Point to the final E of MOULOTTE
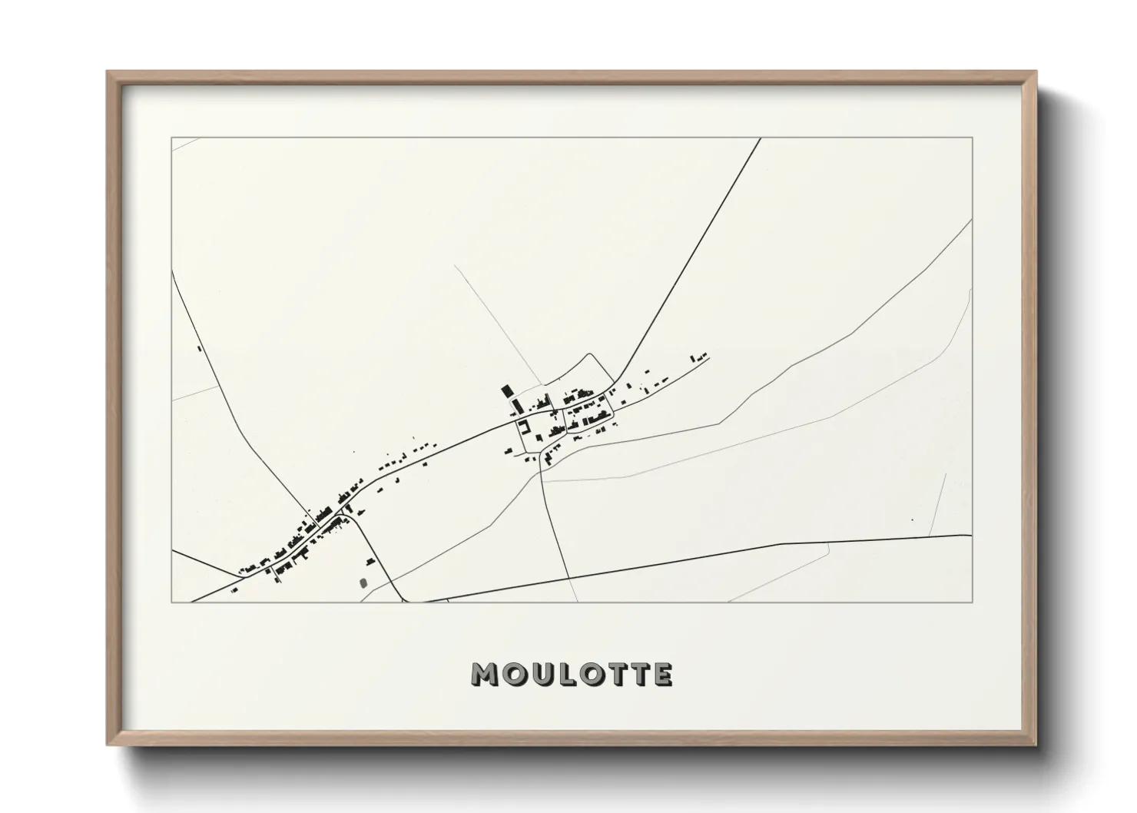[x=663, y=675]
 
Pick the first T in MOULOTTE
[x=619, y=675]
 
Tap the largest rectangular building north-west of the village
[x=506, y=391]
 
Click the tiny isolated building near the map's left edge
[x=199, y=348]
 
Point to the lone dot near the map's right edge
[x=911, y=520]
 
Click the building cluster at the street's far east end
[x=698, y=357]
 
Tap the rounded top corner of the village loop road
[x=590, y=354]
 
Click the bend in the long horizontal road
[x=781, y=544]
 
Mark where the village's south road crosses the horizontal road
[x=568, y=577]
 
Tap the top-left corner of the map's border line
[x=171, y=138]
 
